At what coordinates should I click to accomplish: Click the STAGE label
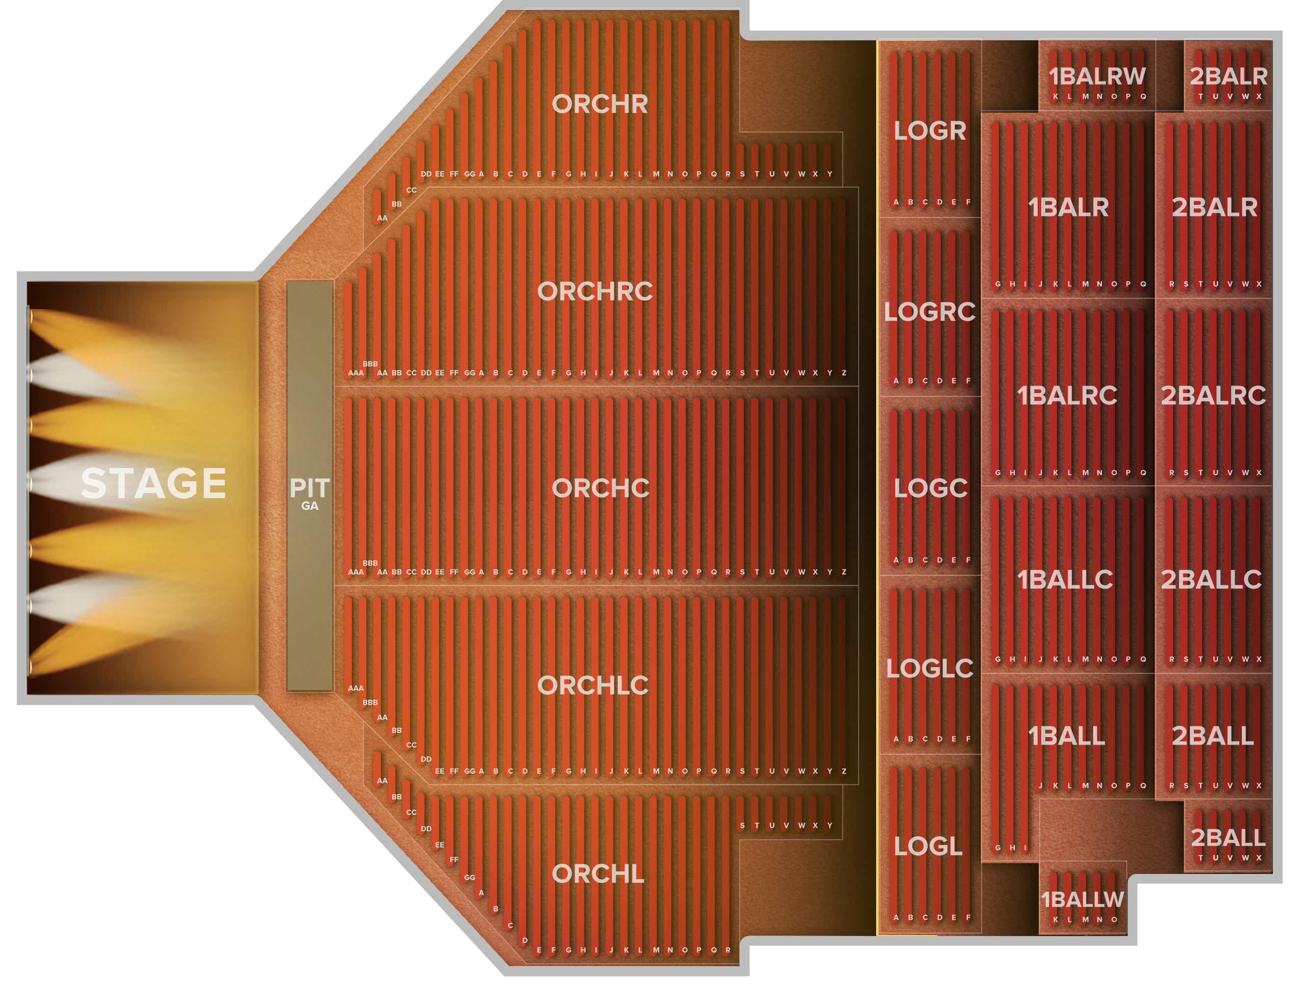point(154,484)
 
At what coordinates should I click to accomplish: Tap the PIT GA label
point(310,494)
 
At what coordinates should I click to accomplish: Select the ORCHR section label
point(600,104)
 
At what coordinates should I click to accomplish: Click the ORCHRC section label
point(595,291)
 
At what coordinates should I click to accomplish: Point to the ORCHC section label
point(600,488)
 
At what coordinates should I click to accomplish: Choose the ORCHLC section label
point(592,686)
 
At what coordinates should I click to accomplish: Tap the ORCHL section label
point(598,874)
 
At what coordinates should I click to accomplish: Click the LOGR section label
point(930,131)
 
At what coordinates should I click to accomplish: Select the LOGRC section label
point(930,312)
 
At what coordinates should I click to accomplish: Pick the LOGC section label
point(930,488)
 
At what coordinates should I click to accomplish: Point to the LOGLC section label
point(930,668)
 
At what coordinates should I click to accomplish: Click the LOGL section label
point(928,847)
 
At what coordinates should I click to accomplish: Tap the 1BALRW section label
point(1097,76)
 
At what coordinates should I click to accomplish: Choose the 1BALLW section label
point(1082,900)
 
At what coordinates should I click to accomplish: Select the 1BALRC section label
point(1067,395)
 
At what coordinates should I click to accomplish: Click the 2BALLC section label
point(1211,580)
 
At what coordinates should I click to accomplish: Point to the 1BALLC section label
point(1065,580)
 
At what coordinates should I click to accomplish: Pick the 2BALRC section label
point(1213,395)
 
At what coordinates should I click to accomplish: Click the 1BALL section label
point(1067,736)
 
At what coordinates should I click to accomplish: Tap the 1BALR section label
point(1068,207)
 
